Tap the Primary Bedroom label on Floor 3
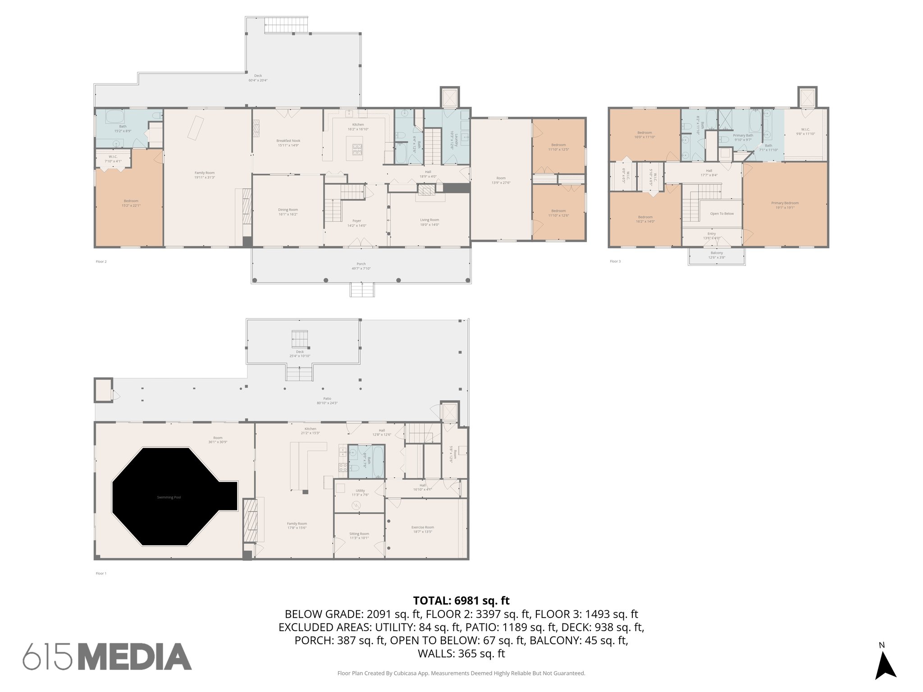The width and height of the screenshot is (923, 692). [785, 203]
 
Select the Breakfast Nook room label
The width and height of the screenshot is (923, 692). [288, 141]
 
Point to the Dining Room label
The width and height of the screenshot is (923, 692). [288, 210]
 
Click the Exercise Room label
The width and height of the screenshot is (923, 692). [422, 527]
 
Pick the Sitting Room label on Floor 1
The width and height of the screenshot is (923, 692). [359, 534]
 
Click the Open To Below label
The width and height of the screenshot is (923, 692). [722, 214]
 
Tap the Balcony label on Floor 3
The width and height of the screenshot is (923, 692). [717, 253]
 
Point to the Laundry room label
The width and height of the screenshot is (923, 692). [456, 141]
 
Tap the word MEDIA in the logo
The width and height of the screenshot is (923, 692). [135, 656]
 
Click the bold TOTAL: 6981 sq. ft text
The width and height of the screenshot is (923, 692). [461, 601]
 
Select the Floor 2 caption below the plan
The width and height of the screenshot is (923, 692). [101, 261]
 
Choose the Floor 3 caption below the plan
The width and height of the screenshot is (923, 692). [615, 261]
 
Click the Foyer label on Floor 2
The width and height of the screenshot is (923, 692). [356, 221]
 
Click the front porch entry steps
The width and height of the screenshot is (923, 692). [362, 289]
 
